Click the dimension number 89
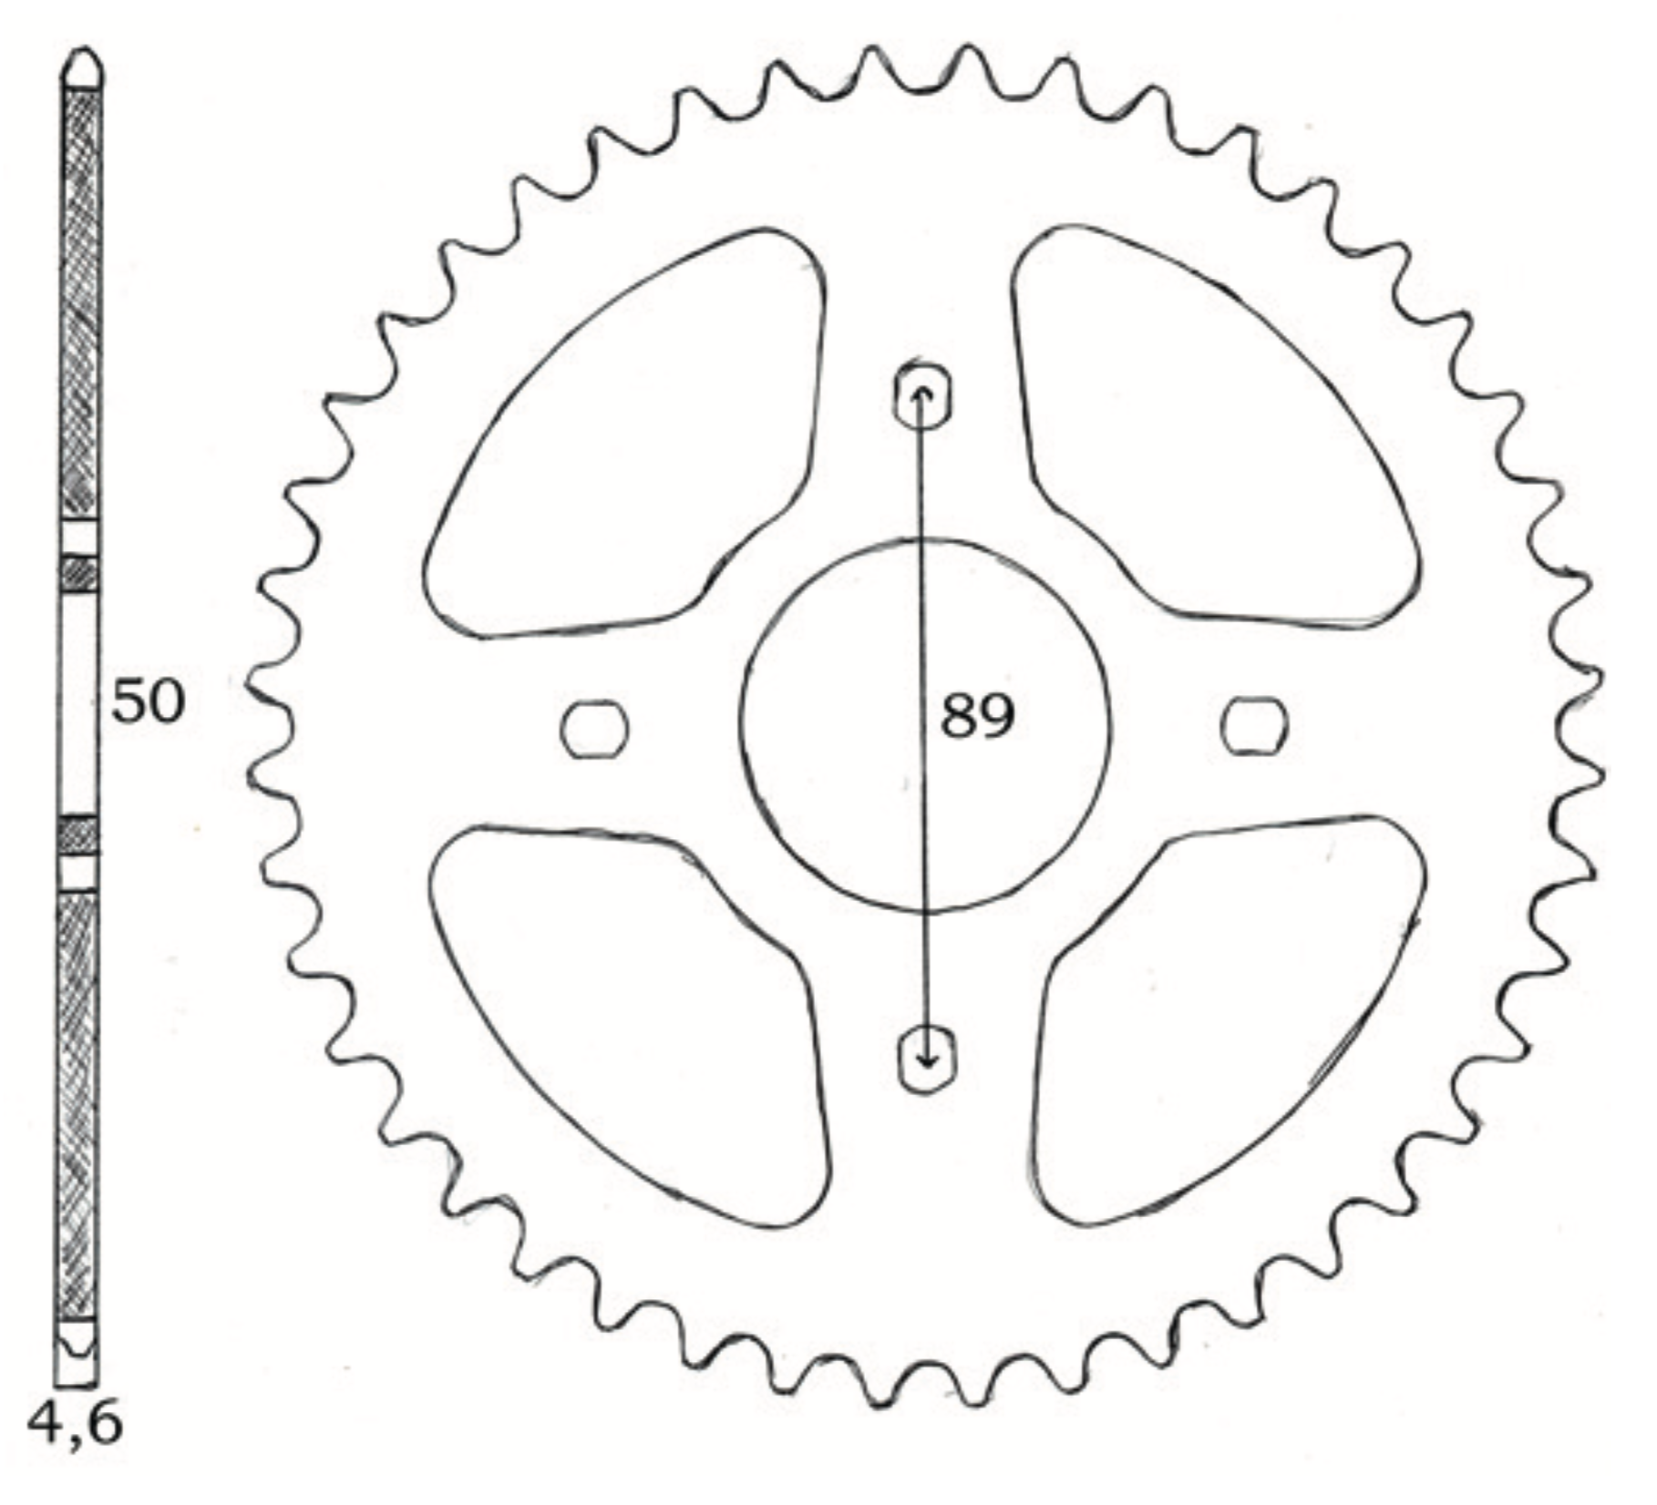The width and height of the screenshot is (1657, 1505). pyautogui.click(x=977, y=716)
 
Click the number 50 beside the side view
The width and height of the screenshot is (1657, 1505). pyautogui.click(x=148, y=702)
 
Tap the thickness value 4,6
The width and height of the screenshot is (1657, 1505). pyautogui.click(x=75, y=1423)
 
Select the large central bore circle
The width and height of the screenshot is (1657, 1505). pyautogui.click(x=925, y=539)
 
